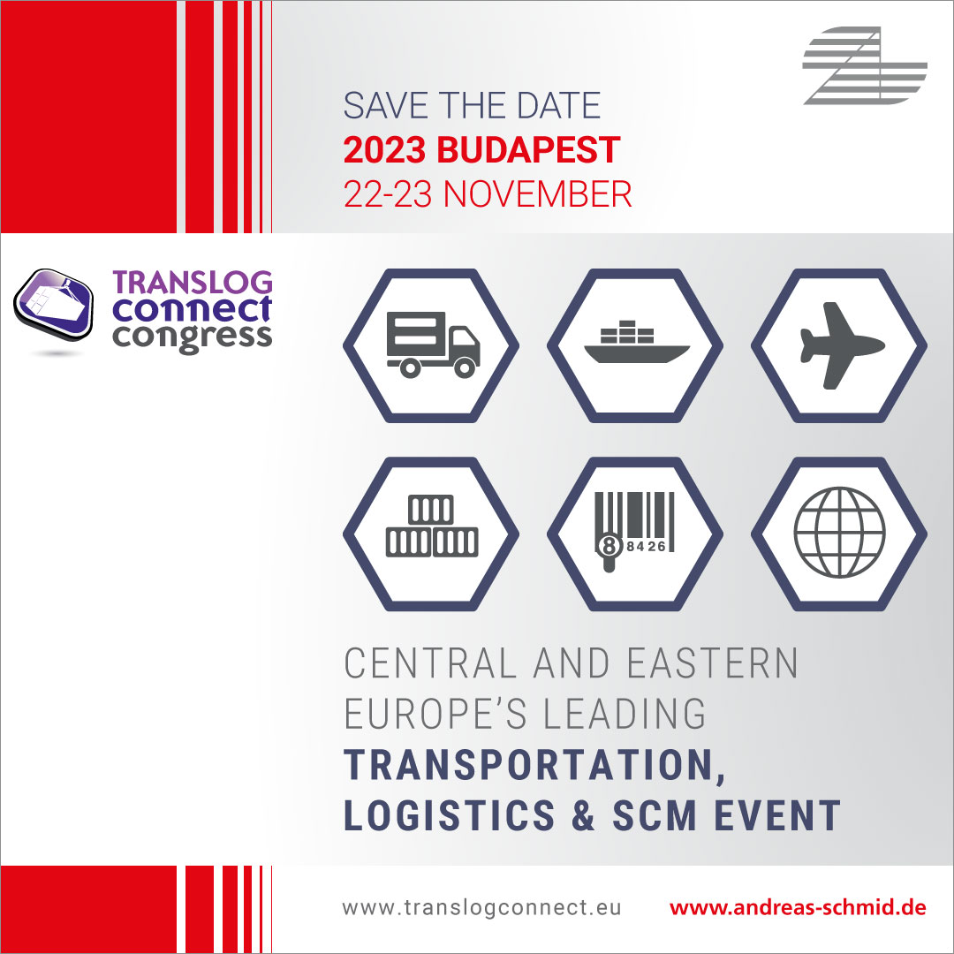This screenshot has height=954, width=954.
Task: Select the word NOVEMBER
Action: point(537,194)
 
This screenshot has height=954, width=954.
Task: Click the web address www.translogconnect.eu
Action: point(481,908)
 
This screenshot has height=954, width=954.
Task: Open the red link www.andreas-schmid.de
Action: point(798,908)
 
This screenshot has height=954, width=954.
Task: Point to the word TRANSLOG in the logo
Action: point(193,283)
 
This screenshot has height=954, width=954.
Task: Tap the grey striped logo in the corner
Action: point(864,66)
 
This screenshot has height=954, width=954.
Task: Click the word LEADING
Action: point(625,714)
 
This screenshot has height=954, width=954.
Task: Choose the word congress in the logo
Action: point(193,337)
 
